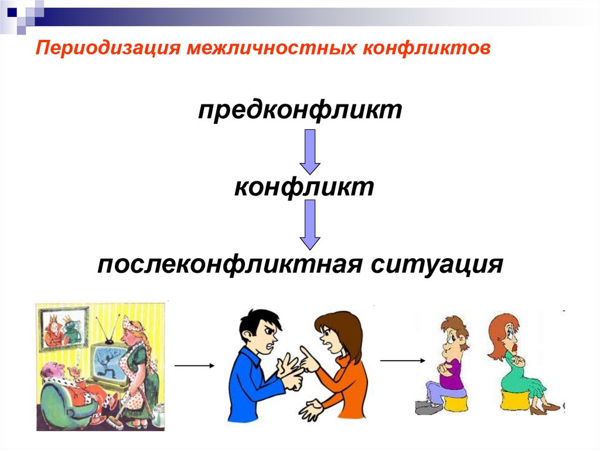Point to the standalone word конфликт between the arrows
pos(304,188)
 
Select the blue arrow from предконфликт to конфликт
pos(309,151)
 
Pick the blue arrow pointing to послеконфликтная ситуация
pos(309,225)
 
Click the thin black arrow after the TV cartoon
pos(195,366)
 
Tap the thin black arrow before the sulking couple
pos(403,360)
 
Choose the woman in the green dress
pos(516,364)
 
